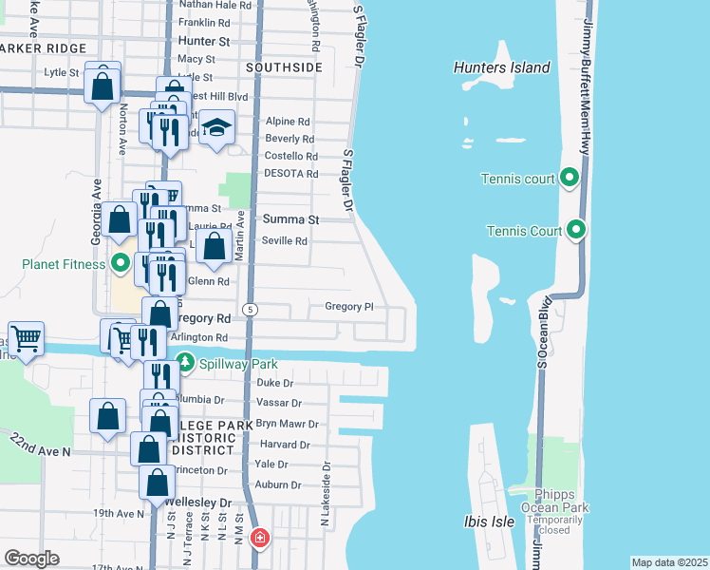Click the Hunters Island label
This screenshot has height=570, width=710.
coord(502,67)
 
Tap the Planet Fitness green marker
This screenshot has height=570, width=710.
coord(121,263)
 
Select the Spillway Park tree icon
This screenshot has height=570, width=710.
coord(185,362)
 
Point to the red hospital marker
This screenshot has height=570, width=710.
coord(258,540)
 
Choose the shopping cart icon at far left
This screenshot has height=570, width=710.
coord(26,336)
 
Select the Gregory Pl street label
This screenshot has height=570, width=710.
coord(349,307)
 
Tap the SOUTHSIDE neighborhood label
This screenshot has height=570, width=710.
coord(284,68)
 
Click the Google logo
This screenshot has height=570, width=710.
coord(31,559)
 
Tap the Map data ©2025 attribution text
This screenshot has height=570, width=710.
coord(669,562)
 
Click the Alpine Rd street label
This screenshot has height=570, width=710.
coord(288,122)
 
